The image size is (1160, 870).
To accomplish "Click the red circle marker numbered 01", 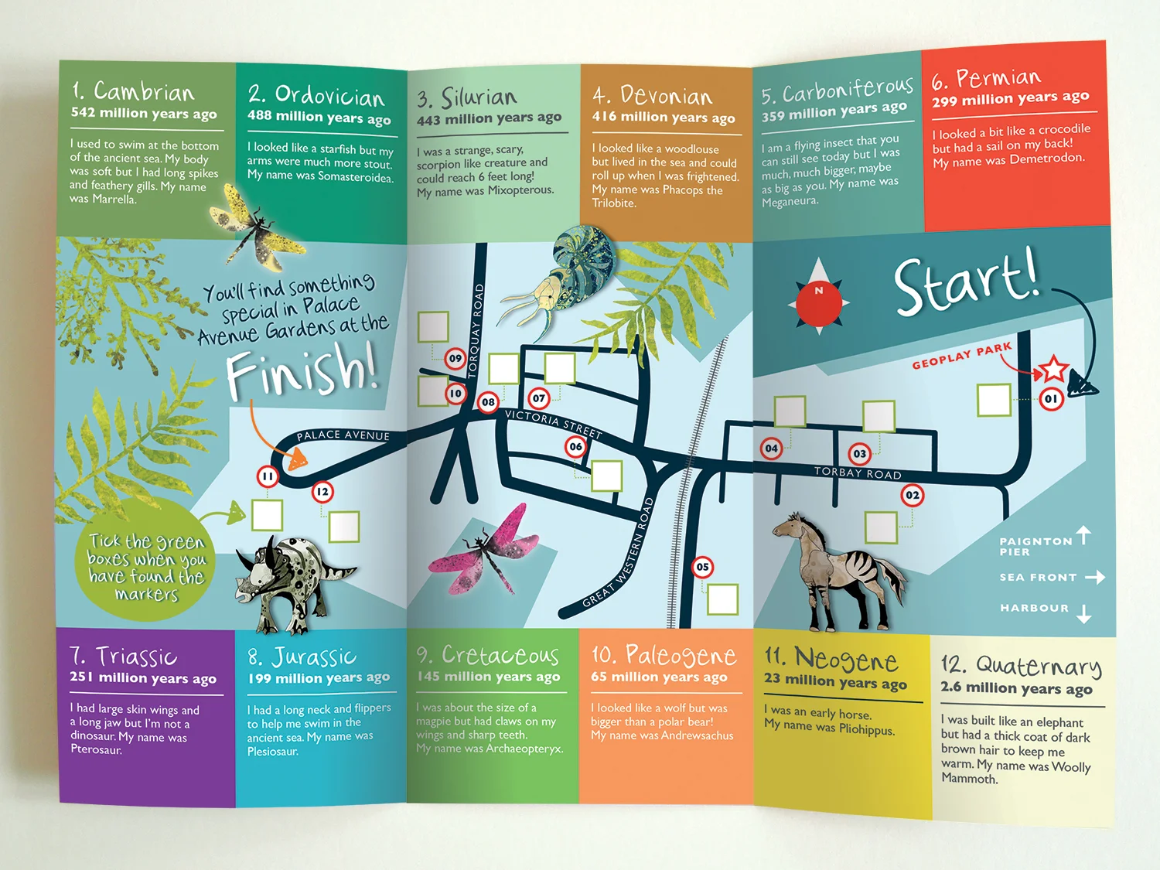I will click(1051, 399).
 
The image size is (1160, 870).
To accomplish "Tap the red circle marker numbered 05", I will click(702, 567).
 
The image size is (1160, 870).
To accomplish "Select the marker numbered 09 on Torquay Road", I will click(455, 358).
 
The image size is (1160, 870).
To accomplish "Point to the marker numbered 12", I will click(322, 491).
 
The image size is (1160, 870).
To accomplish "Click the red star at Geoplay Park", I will click(1053, 369).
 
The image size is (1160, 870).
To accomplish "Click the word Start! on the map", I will click(967, 282).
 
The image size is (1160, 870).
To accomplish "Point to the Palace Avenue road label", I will click(343, 435).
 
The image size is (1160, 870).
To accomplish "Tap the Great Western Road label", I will click(619, 553).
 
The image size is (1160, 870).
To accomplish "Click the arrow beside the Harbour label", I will click(1084, 612).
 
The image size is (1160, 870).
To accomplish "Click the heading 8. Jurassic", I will click(302, 657).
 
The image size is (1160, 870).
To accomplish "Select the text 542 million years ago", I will click(144, 113).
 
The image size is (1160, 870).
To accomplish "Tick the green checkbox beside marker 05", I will click(723, 599).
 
